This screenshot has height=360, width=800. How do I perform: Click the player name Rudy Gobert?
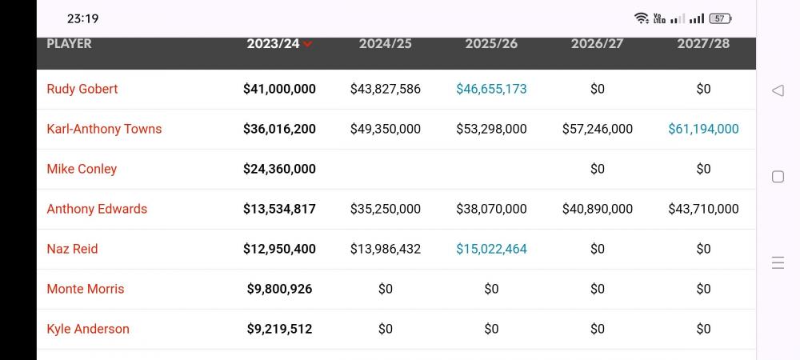point(82,89)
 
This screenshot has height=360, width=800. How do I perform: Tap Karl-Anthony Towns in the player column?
point(104,129)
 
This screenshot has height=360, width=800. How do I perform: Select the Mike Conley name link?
point(82,169)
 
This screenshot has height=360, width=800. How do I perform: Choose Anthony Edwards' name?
point(97,209)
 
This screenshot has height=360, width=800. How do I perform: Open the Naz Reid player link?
point(72,249)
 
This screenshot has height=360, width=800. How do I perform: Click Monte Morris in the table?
point(86,289)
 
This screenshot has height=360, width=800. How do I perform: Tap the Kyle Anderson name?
point(88,329)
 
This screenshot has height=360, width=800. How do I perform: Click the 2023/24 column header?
point(273,44)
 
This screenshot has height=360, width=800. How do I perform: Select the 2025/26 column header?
point(491,44)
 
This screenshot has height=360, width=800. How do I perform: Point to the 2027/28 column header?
point(703,44)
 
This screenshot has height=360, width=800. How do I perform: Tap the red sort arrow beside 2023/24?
point(308,45)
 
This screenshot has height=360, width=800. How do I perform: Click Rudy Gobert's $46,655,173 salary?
point(491,89)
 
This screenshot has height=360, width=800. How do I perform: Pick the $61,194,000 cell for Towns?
point(703,129)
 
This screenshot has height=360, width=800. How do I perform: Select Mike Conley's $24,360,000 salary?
point(279,169)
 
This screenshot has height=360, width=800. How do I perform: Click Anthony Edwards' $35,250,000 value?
point(386,209)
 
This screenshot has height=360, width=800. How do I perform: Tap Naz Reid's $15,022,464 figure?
point(491,249)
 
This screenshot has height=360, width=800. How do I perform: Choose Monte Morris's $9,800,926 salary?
point(279,289)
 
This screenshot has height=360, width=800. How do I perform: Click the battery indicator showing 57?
point(720,18)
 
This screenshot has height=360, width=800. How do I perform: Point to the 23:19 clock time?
point(82,18)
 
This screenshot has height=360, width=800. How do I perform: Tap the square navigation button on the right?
point(778,177)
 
